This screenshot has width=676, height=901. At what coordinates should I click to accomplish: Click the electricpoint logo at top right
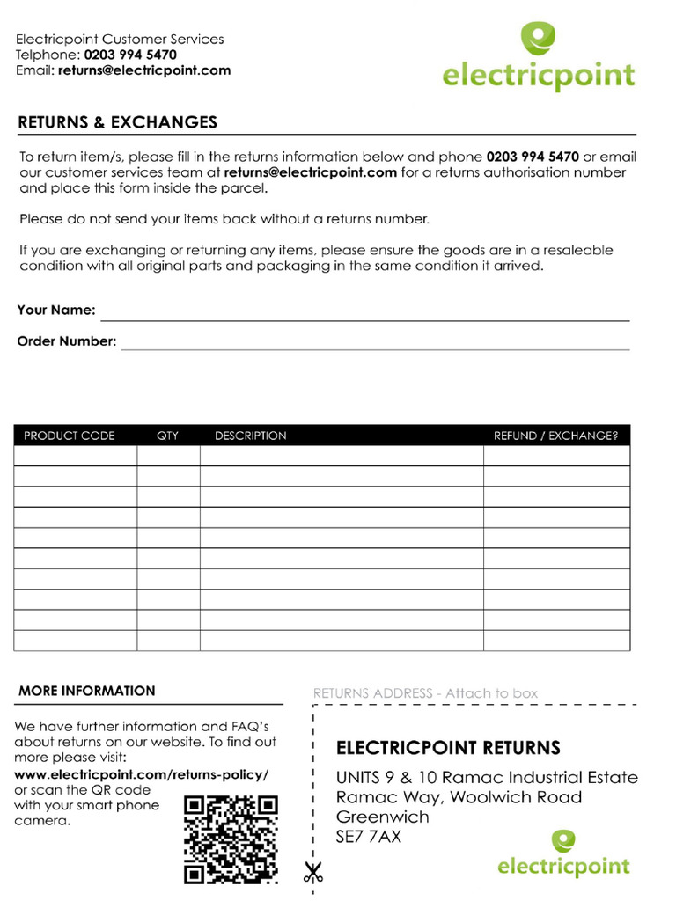click(x=538, y=57)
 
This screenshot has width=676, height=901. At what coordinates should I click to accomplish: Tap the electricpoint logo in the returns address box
click(x=563, y=854)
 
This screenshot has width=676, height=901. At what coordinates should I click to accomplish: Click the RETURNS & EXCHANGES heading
click(x=117, y=122)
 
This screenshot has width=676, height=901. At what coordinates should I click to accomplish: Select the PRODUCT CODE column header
click(x=70, y=436)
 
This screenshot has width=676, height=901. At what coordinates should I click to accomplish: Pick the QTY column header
click(x=167, y=436)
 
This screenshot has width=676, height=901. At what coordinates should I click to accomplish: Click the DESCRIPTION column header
click(x=251, y=436)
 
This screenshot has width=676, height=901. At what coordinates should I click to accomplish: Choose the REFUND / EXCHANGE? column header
click(x=555, y=436)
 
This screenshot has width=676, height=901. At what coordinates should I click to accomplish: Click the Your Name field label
click(x=56, y=311)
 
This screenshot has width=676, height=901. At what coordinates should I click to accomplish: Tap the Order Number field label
click(x=67, y=341)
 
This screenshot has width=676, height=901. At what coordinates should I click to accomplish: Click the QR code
click(x=231, y=839)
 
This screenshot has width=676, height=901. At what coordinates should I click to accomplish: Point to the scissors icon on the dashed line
click(x=312, y=873)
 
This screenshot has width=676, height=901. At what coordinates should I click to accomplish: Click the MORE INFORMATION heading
click(x=87, y=692)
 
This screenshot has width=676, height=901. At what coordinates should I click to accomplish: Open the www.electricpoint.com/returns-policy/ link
click(x=142, y=774)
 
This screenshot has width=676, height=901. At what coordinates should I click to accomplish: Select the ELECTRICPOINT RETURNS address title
click(x=448, y=749)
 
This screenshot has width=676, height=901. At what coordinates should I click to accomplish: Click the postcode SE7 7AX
click(x=369, y=837)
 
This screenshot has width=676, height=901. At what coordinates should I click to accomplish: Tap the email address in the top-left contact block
click(x=144, y=70)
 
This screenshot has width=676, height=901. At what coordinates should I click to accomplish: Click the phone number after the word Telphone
click(x=130, y=55)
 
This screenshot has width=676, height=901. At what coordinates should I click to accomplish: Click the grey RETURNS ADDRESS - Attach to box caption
click(x=425, y=693)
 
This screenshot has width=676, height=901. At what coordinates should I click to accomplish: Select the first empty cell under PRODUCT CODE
click(x=75, y=456)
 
